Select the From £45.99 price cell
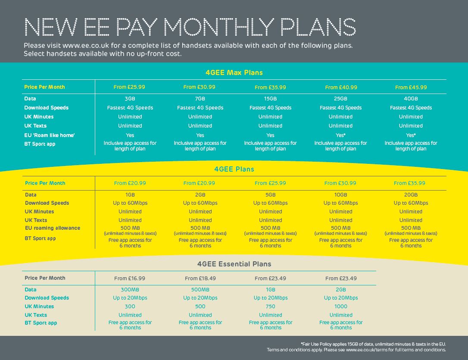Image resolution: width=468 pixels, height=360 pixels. point(411,87)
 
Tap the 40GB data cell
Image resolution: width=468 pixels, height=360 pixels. point(411,99)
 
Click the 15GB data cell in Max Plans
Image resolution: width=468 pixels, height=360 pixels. point(270,99)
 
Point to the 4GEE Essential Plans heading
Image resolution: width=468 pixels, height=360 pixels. point(234,264)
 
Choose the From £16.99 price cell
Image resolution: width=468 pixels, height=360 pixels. point(130,279)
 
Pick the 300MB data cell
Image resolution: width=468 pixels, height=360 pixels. point(130,290)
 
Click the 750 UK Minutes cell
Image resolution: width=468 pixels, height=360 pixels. point(270,307)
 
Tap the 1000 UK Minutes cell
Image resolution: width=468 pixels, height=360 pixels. point(340,307)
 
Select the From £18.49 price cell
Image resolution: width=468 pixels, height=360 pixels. point(200,279)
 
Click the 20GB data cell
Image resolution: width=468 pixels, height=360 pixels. point(411,195)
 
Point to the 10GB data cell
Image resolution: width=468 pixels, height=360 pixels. point(340,195)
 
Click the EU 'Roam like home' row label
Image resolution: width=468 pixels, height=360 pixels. point(50,135)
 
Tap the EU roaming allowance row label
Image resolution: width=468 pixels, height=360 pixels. point(53,228)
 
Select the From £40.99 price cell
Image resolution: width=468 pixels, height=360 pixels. point(341,87)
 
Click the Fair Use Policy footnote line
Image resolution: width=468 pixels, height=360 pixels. point(373,344)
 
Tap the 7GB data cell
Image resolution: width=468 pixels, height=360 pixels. point(200,99)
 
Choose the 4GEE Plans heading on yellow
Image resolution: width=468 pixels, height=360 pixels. point(234,169)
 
